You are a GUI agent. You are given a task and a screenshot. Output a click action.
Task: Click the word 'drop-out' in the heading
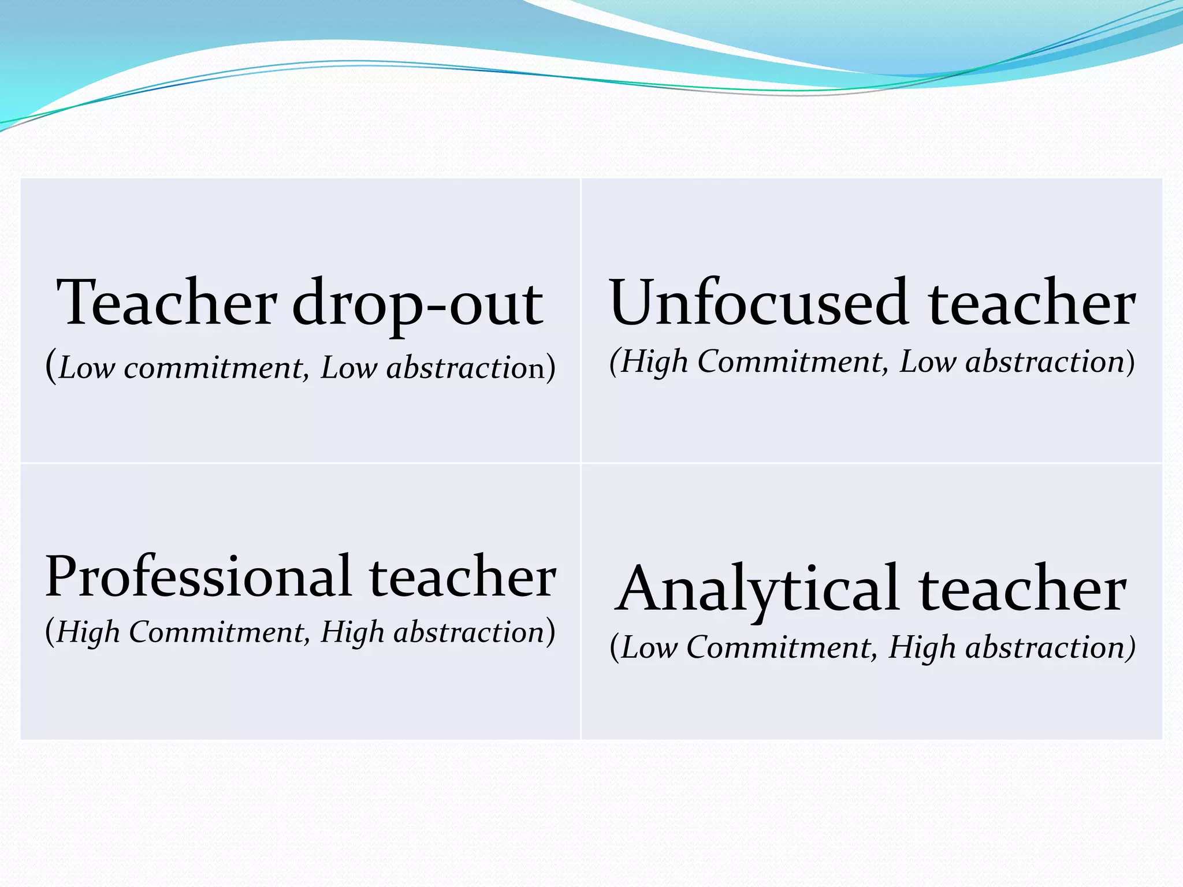417,304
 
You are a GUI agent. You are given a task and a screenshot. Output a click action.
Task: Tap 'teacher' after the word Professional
463,577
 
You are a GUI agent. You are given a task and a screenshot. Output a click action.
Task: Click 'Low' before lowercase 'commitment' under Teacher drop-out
87,367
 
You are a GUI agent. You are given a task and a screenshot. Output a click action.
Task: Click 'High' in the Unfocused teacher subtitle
654,362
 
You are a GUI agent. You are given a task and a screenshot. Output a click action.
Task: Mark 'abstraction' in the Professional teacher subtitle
469,632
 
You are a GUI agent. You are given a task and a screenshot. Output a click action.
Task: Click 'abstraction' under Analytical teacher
1046,648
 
